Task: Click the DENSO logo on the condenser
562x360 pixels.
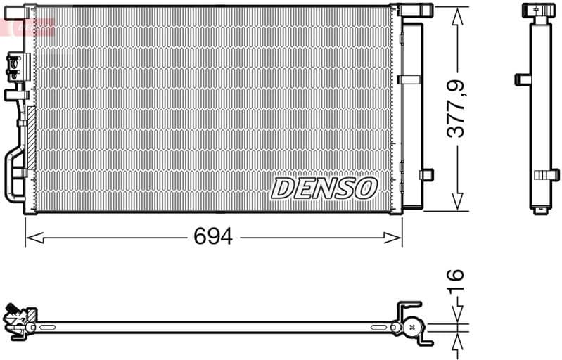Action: coord(325,188)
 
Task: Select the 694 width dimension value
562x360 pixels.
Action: coord(212,238)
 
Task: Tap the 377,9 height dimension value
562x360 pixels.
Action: coord(457,108)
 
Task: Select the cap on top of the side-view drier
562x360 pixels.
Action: coord(539,11)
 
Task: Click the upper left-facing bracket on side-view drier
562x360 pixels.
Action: coord(523,79)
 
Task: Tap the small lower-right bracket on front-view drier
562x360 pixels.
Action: coord(426,174)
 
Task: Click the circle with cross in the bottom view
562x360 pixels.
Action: coord(411,327)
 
